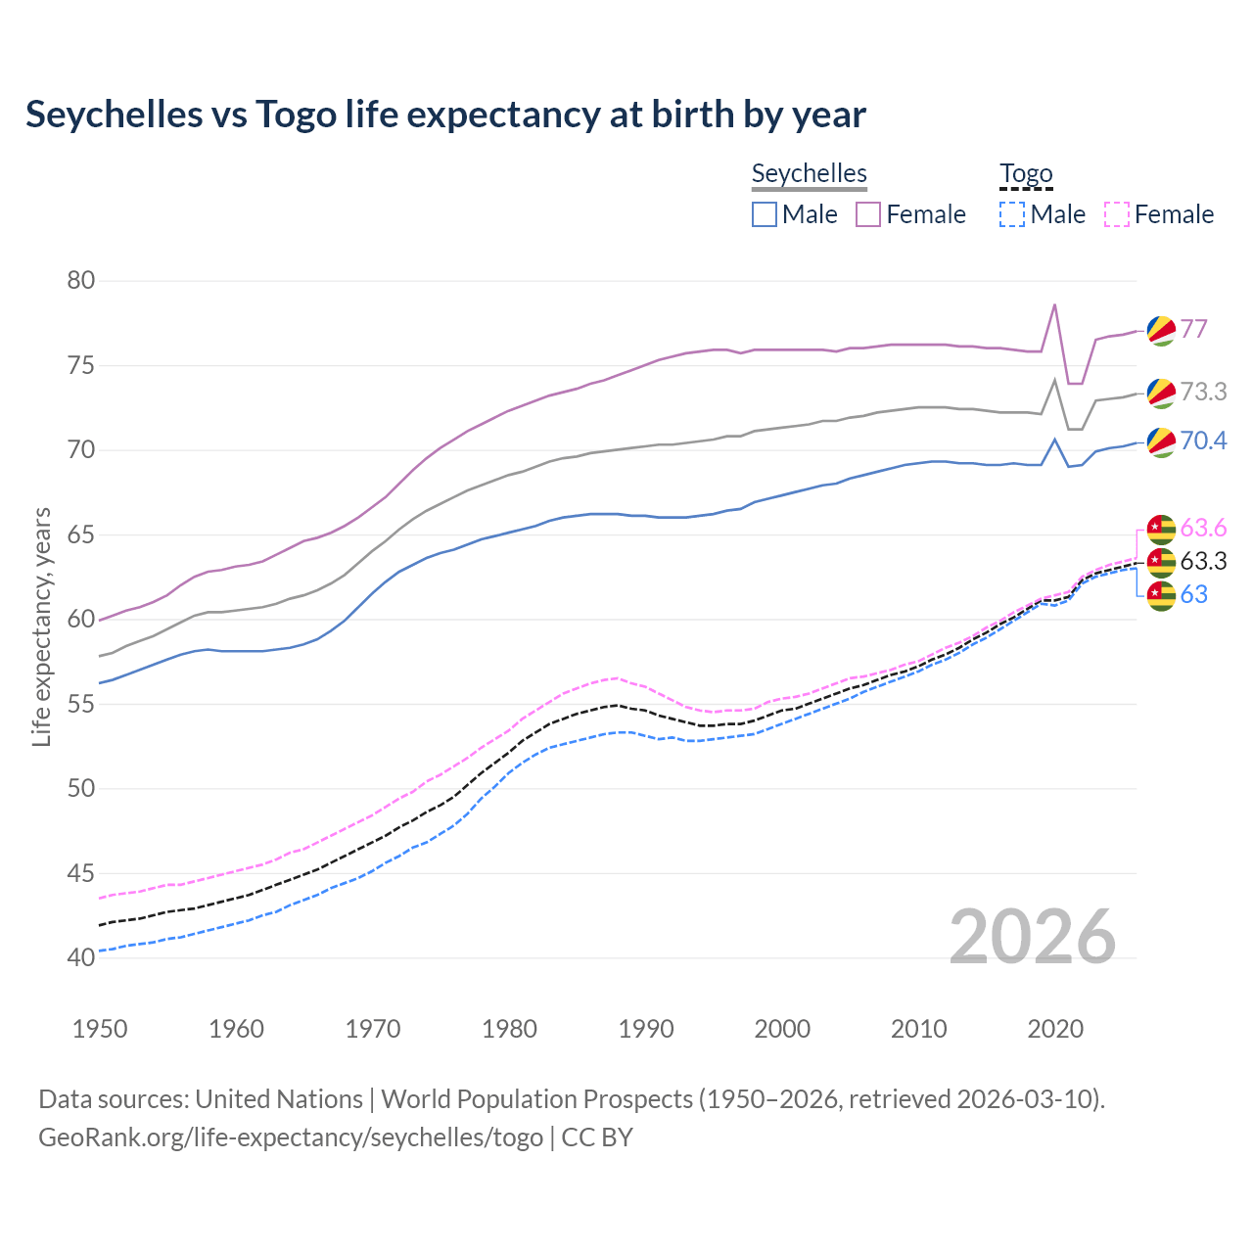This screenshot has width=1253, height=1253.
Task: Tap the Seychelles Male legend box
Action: tap(765, 214)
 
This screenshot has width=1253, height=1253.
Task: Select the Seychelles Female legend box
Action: tap(868, 214)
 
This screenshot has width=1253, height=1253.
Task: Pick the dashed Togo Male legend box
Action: tap(1012, 214)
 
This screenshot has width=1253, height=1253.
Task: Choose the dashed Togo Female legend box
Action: tap(1116, 214)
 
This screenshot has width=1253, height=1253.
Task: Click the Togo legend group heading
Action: tap(1026, 174)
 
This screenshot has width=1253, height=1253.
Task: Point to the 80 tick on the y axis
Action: tap(81, 281)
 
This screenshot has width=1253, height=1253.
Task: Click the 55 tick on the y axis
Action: tap(81, 704)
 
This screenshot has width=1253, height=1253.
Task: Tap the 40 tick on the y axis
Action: tap(81, 957)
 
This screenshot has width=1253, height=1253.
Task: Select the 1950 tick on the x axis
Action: tap(101, 1029)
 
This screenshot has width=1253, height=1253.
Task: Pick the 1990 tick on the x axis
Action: tap(646, 1029)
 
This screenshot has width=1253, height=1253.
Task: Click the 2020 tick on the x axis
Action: tap(1055, 1029)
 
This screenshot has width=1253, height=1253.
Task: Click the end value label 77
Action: tap(1194, 329)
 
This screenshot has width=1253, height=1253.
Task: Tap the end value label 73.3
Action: tap(1203, 392)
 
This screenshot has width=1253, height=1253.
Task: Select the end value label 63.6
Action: tap(1203, 529)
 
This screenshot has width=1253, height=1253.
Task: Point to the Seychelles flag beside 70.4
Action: tap(1161, 441)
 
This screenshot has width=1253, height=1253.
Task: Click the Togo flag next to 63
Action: tap(1161, 595)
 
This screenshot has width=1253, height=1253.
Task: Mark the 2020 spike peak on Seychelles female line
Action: tap(1054, 304)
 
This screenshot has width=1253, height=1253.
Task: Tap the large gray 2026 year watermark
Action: tap(1033, 937)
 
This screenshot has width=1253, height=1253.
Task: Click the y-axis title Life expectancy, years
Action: tap(41, 626)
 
